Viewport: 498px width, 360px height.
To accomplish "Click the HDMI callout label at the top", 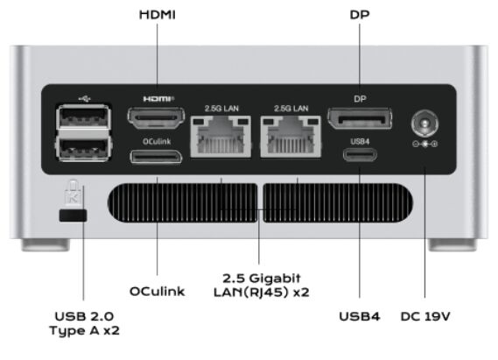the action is pos(158,15).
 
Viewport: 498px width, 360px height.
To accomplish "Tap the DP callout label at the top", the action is pos(360,15).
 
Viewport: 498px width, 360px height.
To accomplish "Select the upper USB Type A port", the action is pos(83,116).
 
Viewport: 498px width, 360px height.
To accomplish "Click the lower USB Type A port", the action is pos(83,148).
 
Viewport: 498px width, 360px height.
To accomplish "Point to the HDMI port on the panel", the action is pos(156,117).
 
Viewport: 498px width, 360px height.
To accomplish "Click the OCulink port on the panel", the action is pos(156,157).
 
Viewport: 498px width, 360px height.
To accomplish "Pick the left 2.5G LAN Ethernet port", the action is pos(221,137).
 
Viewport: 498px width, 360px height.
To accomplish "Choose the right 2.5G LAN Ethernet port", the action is pos(291,137).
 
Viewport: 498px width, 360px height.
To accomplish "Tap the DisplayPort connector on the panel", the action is pos(360,118).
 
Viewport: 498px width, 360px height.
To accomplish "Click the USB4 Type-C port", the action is pos(360,155).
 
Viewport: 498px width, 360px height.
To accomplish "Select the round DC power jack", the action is pos(425,124).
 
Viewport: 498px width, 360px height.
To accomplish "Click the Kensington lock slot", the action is pos(73,215).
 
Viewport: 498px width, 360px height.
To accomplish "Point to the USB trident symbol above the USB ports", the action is pos(85,99).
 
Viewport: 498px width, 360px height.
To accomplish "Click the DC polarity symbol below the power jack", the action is pos(425,144).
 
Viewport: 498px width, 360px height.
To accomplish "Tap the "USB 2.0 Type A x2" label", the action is pos(85,323).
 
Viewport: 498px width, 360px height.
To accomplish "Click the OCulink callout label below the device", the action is pos(158,292).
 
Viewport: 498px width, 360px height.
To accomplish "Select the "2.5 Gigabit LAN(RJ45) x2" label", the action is pos(262,285).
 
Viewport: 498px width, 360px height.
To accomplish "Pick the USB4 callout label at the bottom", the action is pos(360,316).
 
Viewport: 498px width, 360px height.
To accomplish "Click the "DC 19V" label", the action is pos(425,316).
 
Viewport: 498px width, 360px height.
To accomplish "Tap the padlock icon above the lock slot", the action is pos(73,192).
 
